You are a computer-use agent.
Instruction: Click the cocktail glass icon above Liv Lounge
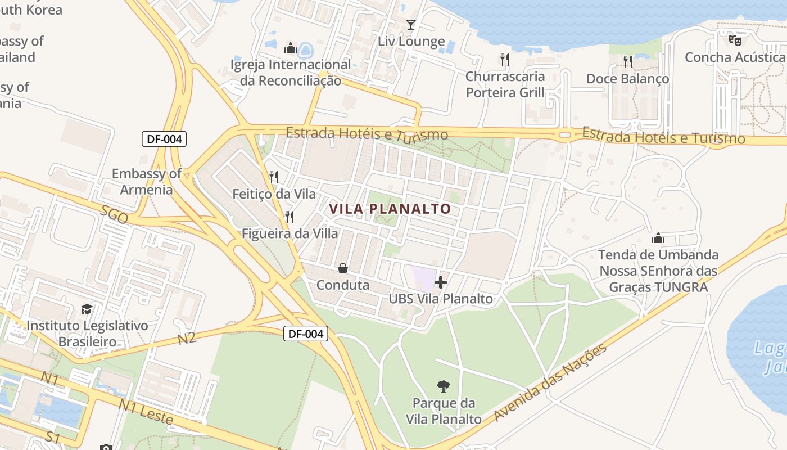[411, 25]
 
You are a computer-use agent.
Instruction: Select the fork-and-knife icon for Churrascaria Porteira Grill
[505, 59]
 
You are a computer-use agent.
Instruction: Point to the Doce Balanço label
[627, 79]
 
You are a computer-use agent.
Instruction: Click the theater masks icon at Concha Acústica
[735, 40]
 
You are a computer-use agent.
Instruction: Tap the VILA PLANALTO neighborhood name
[390, 209]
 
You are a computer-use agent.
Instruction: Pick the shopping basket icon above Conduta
[342, 269]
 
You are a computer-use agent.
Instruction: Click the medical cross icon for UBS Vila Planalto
[441, 282]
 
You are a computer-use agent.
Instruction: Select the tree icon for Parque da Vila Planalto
[444, 386]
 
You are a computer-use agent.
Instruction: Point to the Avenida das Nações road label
[551, 382]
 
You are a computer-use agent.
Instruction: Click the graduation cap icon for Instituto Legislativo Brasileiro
[87, 309]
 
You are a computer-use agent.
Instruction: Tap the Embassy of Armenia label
[146, 181]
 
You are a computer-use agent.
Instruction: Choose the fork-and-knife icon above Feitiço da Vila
[274, 177]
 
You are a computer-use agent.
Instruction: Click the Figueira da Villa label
[290, 233]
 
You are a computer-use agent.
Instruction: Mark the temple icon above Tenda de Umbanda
[658, 238]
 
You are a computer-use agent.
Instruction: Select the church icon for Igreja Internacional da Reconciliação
[291, 48]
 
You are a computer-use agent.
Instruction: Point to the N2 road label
[187, 338]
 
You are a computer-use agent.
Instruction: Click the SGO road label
[115, 214]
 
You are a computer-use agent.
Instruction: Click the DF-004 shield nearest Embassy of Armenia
[164, 139]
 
